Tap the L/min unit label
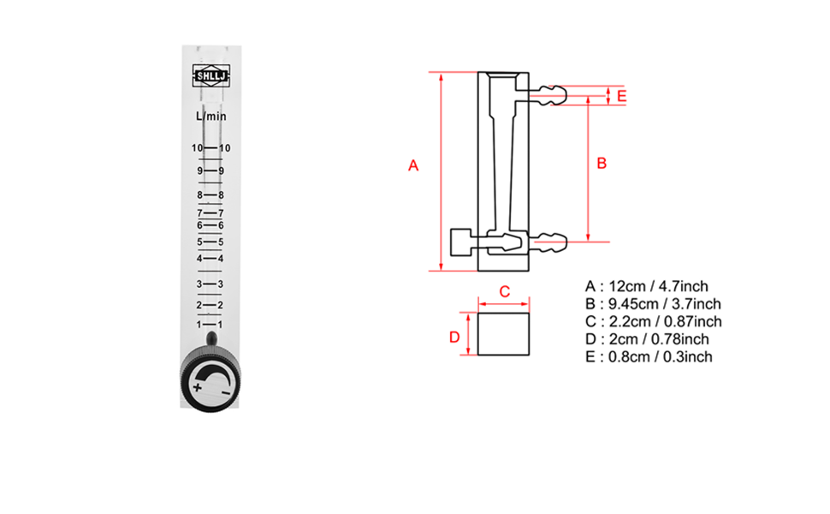(211, 116)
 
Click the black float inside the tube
(211, 339)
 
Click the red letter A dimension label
(412, 165)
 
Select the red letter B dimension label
(601, 163)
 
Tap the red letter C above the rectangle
(504, 291)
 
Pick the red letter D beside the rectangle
(454, 337)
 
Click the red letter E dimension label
(621, 95)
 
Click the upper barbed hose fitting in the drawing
(548, 94)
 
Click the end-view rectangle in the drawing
(504, 334)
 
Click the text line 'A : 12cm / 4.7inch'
(646, 286)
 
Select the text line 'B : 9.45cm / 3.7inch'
(653, 304)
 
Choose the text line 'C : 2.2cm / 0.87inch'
(653, 321)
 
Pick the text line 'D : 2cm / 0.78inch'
(647, 339)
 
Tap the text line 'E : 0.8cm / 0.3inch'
(649, 357)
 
